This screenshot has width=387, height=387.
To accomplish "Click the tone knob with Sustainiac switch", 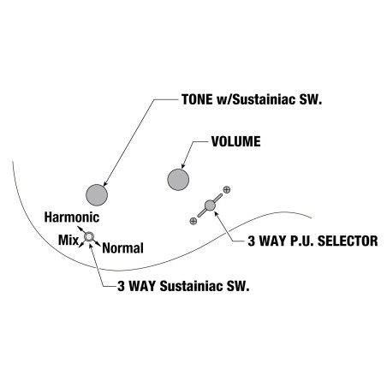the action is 97,195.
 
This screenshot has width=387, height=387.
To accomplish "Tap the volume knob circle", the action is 178,180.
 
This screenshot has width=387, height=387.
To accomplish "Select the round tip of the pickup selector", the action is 210,205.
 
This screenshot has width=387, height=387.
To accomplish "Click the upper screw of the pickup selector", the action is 227,189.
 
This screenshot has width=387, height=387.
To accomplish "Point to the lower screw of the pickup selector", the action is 193,221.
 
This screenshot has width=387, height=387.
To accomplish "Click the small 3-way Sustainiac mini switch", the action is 89,236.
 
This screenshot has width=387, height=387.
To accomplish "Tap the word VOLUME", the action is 236,141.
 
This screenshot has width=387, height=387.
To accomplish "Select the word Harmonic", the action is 72,217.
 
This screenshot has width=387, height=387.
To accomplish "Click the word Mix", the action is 68,240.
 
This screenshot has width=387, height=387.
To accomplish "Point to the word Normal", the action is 122,248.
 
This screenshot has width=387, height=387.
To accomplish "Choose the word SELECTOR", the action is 348,241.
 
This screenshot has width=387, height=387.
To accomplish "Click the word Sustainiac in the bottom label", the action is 191,286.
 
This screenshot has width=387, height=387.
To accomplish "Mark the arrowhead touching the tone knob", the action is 105,184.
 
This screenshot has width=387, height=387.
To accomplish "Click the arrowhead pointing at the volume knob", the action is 183,166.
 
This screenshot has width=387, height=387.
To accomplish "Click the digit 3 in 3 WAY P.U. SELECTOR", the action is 251,241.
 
